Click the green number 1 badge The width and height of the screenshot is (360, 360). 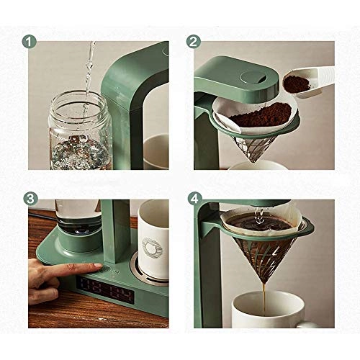30,41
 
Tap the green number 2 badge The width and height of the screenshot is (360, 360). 193,41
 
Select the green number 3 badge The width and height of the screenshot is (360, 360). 30,197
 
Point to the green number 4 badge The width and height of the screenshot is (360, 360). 193,197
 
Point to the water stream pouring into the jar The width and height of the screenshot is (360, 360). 89,72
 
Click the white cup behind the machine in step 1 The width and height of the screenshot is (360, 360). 156,151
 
